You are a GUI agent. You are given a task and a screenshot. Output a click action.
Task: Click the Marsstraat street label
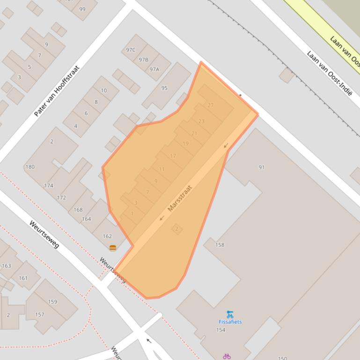pyautogui.click(x=180, y=199)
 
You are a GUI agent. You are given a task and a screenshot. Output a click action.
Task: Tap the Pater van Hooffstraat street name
pyautogui.click(x=57, y=91)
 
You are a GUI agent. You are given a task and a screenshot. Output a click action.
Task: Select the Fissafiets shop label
pyautogui.click(x=230, y=322)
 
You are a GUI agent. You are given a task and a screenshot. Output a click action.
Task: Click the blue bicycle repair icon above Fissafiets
pyautogui.click(x=230, y=314)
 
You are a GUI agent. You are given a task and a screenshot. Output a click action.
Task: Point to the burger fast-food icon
pyautogui.click(x=112, y=248)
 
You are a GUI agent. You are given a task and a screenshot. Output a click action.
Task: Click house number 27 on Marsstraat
pyautogui.click(x=211, y=106)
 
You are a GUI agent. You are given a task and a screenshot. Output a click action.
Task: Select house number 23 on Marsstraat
pyautogui.click(x=201, y=122)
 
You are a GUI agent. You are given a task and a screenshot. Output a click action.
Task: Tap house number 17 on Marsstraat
pyautogui.click(x=173, y=156)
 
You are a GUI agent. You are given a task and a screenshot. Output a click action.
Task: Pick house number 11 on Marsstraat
pyautogui.click(x=162, y=169)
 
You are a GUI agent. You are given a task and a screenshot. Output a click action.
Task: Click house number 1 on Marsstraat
pyautogui.click(x=132, y=214)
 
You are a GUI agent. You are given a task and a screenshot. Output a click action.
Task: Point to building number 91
pyautogui.click(x=261, y=167)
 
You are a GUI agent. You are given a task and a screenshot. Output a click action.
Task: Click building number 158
pyautogui.click(x=220, y=245)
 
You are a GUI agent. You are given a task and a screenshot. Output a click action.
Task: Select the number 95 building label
pyautogui.click(x=164, y=88)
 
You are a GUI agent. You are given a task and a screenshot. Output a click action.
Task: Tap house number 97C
pyautogui.click(x=131, y=50)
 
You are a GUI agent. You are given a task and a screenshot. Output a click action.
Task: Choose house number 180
pyautogui.click(x=30, y=167)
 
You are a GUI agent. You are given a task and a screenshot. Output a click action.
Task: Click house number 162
pyautogui.click(x=107, y=236)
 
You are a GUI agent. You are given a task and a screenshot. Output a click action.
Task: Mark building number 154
pyautogui.click(x=220, y=330)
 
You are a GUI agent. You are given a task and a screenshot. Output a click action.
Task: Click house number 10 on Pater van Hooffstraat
pyautogui.click(x=103, y=91)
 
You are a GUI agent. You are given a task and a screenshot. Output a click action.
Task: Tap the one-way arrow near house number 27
pyautogui.click(x=226, y=146)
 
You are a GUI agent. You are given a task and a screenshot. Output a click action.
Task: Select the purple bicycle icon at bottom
pyautogui.click(x=227, y=356)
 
